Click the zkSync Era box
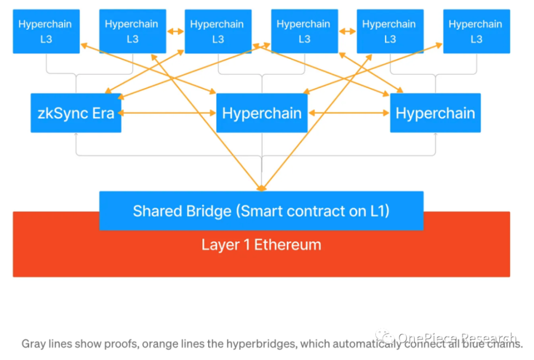(x=76, y=113)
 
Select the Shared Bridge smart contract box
(x=261, y=211)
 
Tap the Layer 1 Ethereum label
(x=261, y=245)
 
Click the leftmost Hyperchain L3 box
(x=46, y=31)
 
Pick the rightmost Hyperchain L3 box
(x=476, y=31)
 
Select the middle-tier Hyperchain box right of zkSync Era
(x=262, y=113)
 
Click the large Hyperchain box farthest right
(x=435, y=113)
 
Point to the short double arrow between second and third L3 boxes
(x=175, y=32)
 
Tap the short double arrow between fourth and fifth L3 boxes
(x=347, y=32)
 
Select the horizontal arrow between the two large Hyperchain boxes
(x=349, y=113)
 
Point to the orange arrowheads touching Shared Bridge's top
(x=261, y=189)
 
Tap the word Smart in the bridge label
(x=259, y=211)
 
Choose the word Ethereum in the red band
(x=288, y=245)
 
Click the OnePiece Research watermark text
(x=457, y=338)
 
